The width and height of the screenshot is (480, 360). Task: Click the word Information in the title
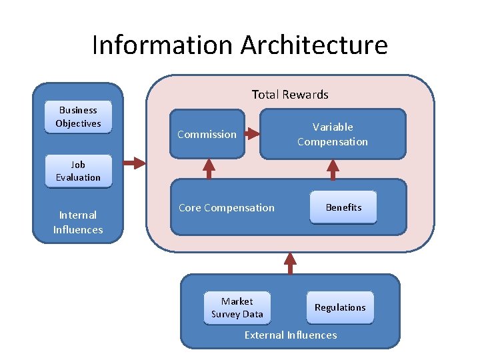pos(163,45)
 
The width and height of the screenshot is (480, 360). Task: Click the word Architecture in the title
pos(314,45)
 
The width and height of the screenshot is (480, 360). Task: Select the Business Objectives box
pos(78,117)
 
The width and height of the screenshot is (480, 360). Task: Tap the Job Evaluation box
pos(78,171)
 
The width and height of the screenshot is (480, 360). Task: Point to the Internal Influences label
pos(78,222)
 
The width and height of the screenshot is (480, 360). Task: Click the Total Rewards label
pos(290,95)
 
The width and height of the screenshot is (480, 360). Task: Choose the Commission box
pos(207,134)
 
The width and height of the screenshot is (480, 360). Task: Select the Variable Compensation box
pos(332,134)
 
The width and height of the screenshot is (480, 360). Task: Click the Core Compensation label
pos(226,207)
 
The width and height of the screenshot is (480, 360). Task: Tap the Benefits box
pos(343,207)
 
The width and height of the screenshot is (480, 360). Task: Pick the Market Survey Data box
pos(237,308)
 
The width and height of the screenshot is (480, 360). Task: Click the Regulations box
pos(340,307)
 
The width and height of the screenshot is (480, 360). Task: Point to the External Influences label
pos(291,335)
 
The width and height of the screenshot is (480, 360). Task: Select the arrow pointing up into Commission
pos(209,168)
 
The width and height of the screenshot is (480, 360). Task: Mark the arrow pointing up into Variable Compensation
pos(333,169)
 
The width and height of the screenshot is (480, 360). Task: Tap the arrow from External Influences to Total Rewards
pos(290,263)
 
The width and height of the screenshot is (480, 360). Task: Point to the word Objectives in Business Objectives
pos(78,123)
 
